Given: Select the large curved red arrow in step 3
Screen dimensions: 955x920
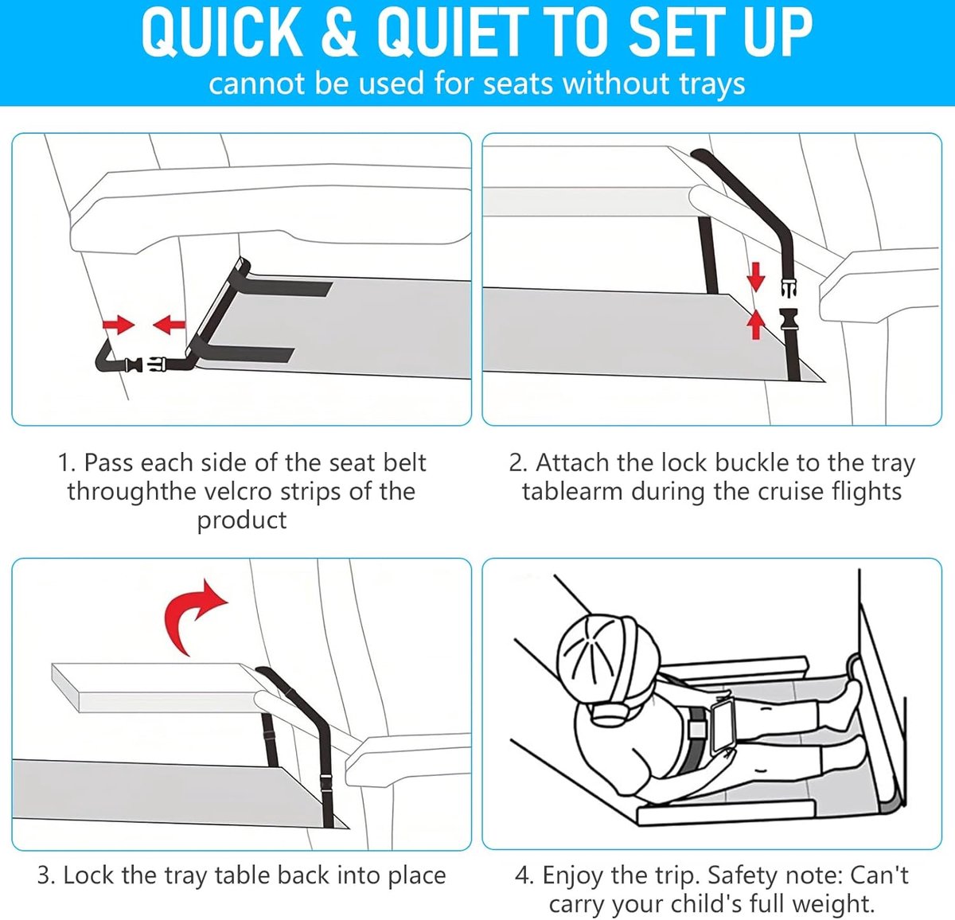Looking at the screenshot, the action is (x=193, y=616).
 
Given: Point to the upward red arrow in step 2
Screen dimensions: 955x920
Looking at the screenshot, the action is (x=756, y=324).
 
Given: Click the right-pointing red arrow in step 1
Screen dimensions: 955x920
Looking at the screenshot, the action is (x=119, y=325).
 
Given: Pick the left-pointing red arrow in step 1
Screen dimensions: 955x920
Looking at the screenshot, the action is (x=169, y=325).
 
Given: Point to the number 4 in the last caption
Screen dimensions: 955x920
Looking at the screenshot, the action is (x=522, y=876).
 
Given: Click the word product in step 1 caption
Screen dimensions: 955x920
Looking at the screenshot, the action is (x=241, y=520).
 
